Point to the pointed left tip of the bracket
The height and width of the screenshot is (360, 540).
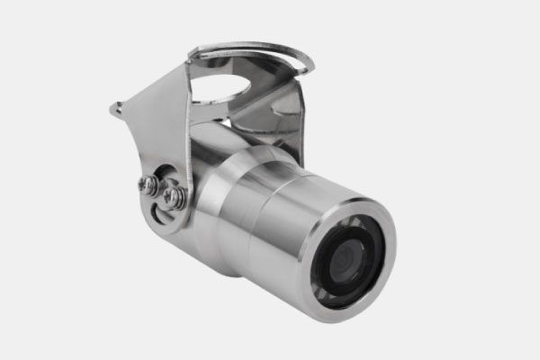pos(115,109)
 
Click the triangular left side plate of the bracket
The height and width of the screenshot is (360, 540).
pos(157,126)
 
